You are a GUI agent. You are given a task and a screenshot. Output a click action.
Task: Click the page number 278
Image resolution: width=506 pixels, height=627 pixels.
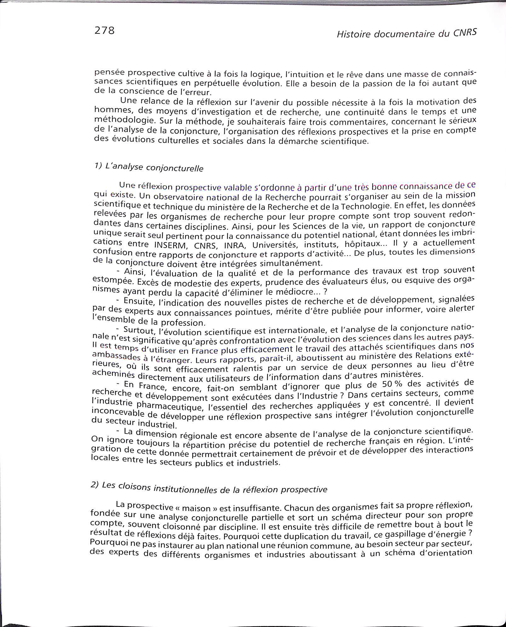[104, 31]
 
